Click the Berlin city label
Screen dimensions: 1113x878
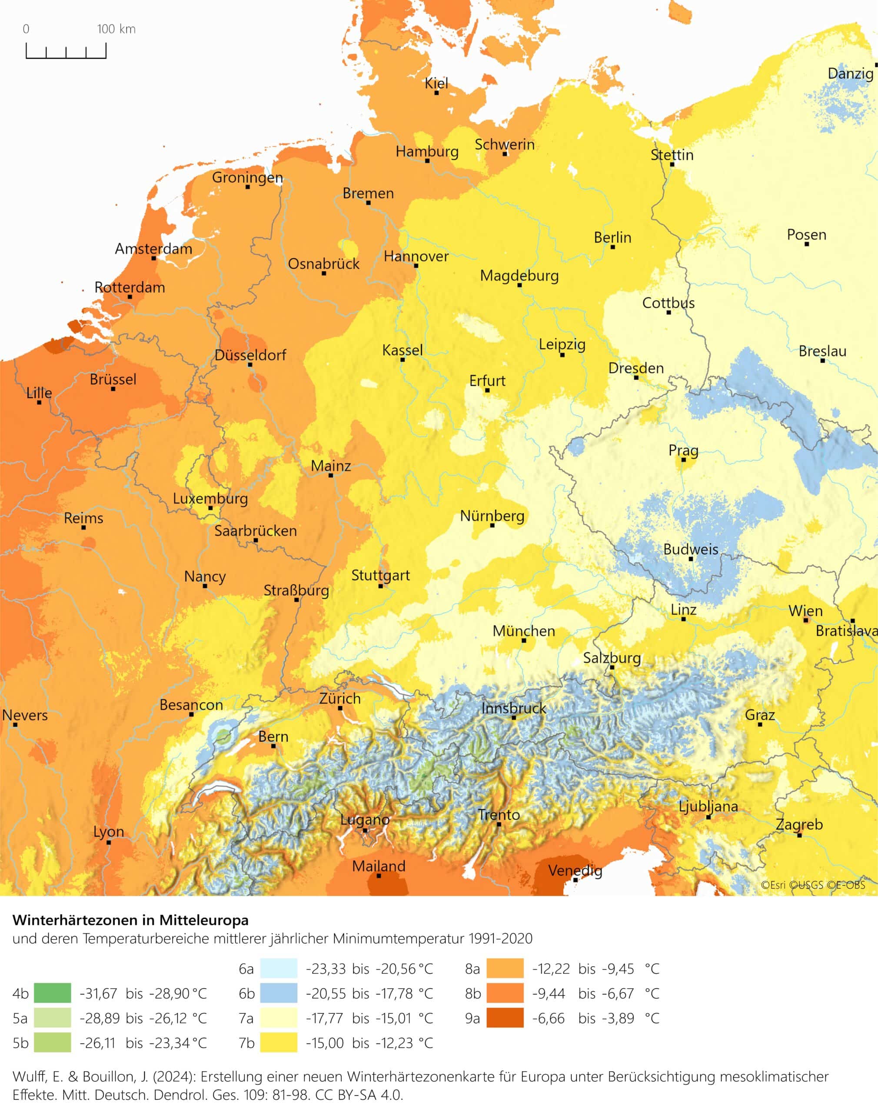(x=612, y=237)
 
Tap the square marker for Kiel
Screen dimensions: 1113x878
(x=436, y=93)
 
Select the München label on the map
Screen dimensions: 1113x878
(x=523, y=631)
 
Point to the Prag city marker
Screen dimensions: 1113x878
(x=683, y=460)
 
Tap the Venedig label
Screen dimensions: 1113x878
(x=575, y=870)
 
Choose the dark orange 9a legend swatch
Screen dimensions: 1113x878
(x=505, y=1018)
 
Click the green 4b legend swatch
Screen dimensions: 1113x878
(x=53, y=993)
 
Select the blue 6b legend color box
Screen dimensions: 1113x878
(x=278, y=993)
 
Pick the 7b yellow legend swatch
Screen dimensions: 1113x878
(x=278, y=1043)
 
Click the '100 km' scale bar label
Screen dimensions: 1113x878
(x=116, y=29)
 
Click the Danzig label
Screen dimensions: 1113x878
(x=850, y=73)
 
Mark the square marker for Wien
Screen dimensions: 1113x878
(x=805, y=620)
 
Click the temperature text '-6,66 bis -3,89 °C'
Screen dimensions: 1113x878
(x=595, y=1018)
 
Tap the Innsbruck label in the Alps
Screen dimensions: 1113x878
(x=513, y=708)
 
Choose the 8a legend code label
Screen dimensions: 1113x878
(x=472, y=969)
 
